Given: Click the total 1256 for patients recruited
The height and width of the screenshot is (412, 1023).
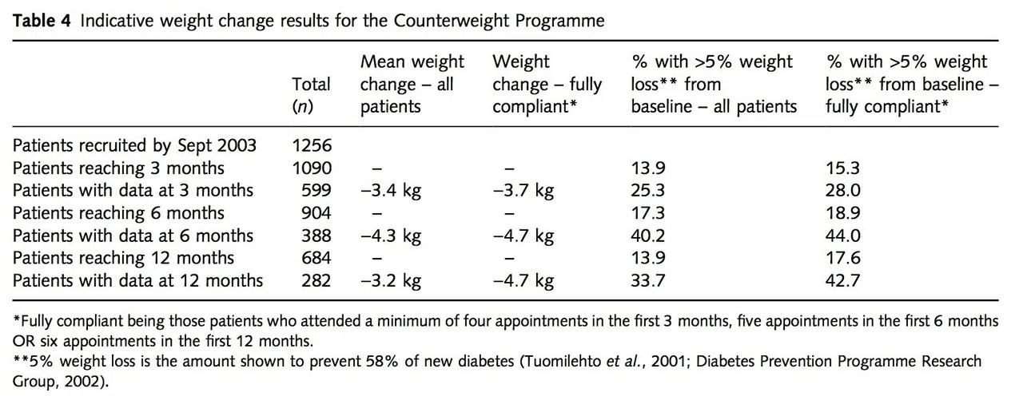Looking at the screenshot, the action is click(312, 145).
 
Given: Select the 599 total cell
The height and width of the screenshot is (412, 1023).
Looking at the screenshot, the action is click(316, 190).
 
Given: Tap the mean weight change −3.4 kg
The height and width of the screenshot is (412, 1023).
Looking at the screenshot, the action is click(391, 191).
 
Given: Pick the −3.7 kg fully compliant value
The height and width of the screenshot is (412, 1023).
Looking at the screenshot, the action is click(523, 191).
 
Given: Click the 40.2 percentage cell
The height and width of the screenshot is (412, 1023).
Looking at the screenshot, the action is click(648, 236).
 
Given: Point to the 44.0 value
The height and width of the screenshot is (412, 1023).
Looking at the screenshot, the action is click(842, 236).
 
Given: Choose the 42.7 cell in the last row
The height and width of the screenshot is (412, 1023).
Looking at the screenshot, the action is click(842, 280).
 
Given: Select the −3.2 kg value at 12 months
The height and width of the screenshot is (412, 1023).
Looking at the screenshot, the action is click(391, 280).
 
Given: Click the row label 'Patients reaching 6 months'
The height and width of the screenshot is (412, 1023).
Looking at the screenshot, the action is click(118, 213).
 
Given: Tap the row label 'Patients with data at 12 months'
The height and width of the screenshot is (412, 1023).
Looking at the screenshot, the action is click(137, 280).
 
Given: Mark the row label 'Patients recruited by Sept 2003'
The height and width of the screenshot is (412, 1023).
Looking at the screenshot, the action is click(134, 146).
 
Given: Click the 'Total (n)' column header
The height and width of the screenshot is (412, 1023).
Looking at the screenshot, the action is click(311, 95).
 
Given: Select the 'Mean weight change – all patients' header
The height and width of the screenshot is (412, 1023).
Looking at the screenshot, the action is click(412, 84).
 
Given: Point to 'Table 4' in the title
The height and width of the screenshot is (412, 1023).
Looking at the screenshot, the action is click(42, 21).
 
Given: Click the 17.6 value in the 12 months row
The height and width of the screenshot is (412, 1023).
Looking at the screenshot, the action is click(842, 258).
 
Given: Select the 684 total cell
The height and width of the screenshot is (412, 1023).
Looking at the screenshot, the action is click(316, 258).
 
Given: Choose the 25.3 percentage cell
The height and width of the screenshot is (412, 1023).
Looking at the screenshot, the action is click(648, 190).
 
